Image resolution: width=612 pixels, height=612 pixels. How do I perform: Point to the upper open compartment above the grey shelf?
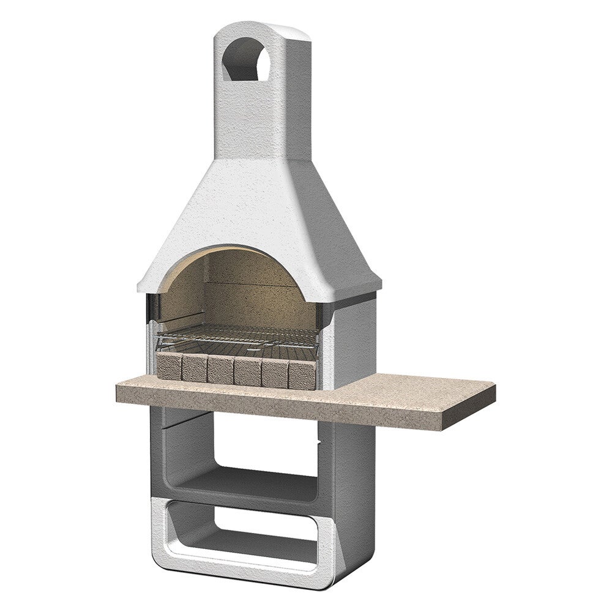(251, 441)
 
